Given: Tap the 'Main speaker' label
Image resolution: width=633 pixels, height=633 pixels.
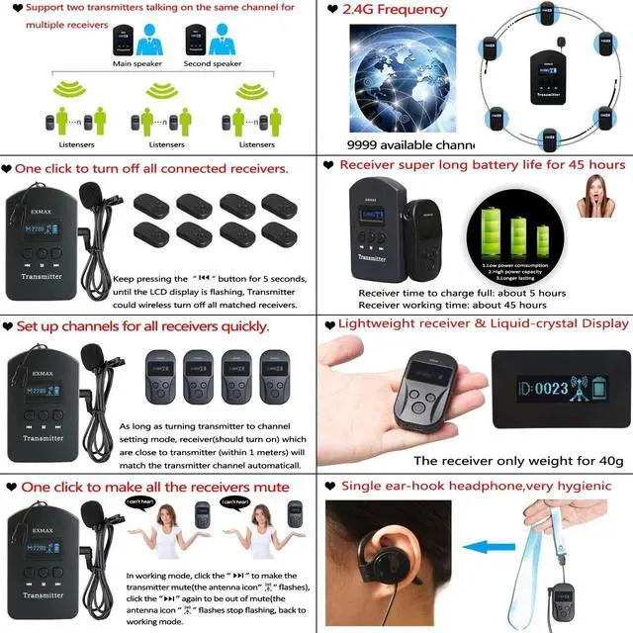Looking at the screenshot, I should click(136, 64).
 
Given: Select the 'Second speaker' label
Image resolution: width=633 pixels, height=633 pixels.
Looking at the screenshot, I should click(212, 64).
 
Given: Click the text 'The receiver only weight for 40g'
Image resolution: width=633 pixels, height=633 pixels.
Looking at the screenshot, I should click(518, 460).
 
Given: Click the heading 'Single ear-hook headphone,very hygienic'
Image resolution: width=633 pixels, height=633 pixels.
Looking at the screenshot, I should click(476, 486).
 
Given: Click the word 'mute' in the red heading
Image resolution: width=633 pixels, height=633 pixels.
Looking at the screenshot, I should click(269, 487).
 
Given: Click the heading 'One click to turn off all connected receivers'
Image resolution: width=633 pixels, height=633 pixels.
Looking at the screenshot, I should click(151, 168).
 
